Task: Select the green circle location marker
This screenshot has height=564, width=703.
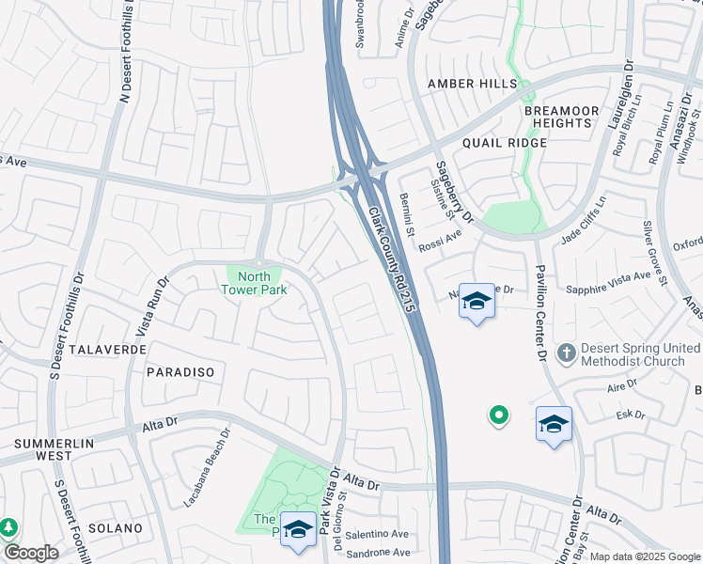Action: point(499,414)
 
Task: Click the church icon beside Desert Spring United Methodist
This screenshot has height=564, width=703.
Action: point(566,352)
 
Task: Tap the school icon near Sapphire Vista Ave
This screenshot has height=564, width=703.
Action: point(476,302)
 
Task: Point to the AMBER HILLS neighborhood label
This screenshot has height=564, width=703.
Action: point(472,84)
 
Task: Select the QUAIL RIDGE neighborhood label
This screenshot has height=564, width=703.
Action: point(504,142)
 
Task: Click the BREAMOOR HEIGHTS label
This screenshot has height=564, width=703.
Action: point(561,117)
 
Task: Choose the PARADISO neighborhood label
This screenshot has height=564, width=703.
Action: point(180,372)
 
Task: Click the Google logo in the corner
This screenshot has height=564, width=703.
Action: point(31,553)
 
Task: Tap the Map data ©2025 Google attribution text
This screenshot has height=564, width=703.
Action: point(645,556)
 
